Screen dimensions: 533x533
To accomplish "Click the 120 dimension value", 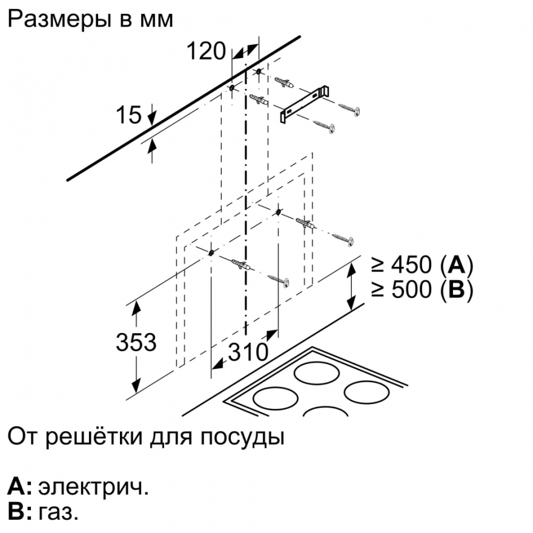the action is pos(206,51).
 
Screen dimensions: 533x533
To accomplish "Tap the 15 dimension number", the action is pos(128,114).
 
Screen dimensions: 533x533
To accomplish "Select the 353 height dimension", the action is pos(136,342).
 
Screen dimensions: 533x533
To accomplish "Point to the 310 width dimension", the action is pos(248,351).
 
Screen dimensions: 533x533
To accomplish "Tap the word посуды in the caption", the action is pos(242,437).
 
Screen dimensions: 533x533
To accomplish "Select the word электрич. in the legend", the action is pos(93,488).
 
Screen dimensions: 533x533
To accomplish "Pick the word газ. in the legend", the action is pos(58,512).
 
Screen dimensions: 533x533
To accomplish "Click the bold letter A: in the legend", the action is pos(20,486).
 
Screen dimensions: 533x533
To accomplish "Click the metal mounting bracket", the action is pos(304,104).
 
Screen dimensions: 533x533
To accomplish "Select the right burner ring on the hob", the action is pos(366,392).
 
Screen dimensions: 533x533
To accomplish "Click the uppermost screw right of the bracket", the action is pos(349,109).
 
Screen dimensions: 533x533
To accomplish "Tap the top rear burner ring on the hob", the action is pos(316,373).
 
